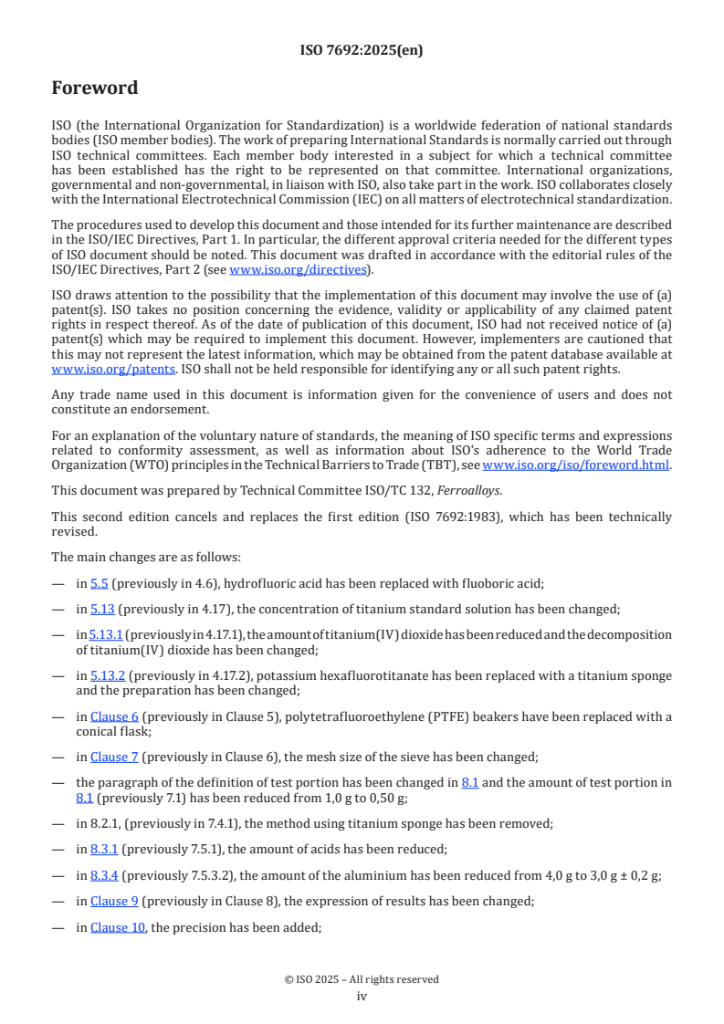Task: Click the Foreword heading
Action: coord(95,89)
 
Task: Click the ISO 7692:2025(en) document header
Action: coord(362,50)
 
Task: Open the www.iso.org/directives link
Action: coord(298,269)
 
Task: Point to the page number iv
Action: coord(362,996)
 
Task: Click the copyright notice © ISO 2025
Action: coord(362,979)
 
